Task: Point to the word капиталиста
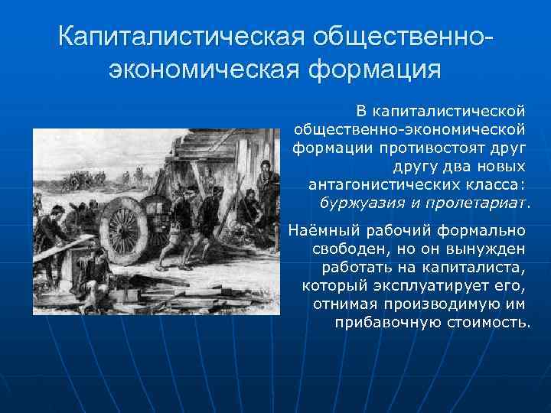(x=475, y=267)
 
